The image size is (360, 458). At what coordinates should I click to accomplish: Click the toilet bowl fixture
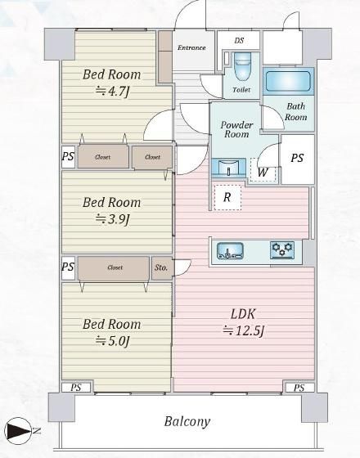(242, 67)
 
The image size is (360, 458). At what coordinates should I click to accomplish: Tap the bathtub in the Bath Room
(288, 81)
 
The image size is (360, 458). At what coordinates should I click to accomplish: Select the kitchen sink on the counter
(230, 251)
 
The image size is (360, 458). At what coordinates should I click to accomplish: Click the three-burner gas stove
(282, 249)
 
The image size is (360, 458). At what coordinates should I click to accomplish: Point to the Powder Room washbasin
(228, 168)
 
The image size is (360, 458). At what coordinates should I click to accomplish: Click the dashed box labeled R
(227, 197)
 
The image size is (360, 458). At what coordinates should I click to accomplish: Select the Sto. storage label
(161, 267)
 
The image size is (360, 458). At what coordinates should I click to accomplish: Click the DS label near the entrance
(239, 40)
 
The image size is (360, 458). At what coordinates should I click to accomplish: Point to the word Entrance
(191, 47)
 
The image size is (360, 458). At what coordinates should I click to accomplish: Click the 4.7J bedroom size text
(113, 92)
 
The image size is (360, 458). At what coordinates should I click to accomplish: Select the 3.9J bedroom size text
(113, 219)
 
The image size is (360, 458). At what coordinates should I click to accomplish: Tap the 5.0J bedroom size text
(113, 340)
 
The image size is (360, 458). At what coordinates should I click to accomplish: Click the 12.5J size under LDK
(244, 330)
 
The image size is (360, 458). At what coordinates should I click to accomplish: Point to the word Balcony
(187, 421)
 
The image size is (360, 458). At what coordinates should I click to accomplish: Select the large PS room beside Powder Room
(298, 159)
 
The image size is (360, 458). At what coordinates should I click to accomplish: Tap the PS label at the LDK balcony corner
(299, 388)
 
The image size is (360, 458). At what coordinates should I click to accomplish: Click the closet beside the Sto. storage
(114, 268)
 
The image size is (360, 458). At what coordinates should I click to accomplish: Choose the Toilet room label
(241, 90)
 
